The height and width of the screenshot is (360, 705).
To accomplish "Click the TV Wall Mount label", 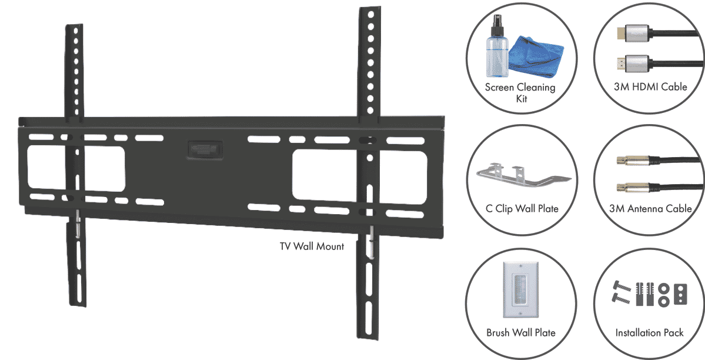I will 312,246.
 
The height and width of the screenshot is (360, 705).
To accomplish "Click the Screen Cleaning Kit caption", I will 520,93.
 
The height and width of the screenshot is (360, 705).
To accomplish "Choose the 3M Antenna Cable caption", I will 649,209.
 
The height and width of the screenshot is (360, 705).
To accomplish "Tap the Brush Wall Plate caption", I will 520,332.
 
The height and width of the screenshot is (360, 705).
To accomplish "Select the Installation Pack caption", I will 649,332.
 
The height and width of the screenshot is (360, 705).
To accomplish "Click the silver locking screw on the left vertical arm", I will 78,228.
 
